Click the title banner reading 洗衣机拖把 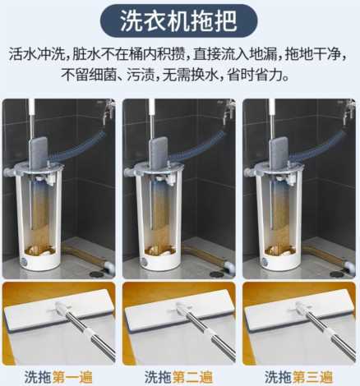[x=179, y=21]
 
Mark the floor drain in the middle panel [x=218, y=273]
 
